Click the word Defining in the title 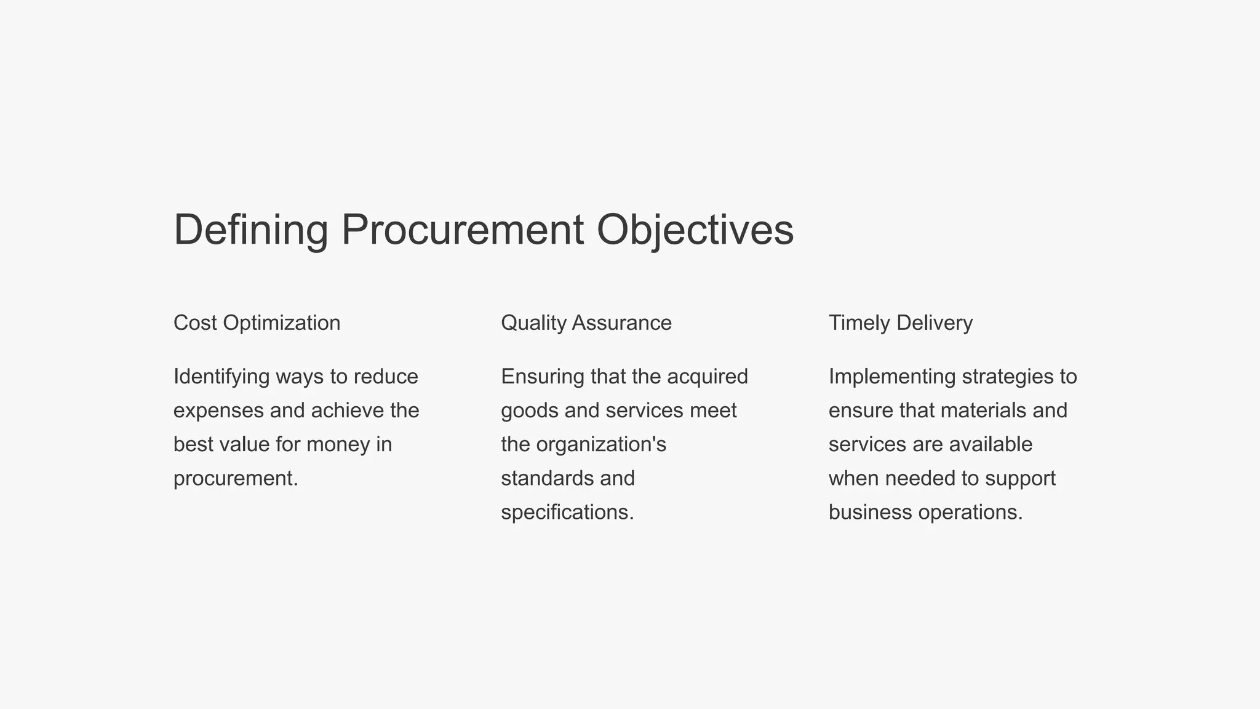point(250,230)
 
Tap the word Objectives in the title point(695,230)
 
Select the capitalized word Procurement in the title point(462,230)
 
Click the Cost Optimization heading point(257,322)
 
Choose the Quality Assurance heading point(586,322)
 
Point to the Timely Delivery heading point(901,322)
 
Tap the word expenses point(218,411)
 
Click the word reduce point(386,377)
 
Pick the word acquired point(708,377)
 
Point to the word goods point(530,411)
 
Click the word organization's point(601,444)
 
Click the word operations point(970,512)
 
